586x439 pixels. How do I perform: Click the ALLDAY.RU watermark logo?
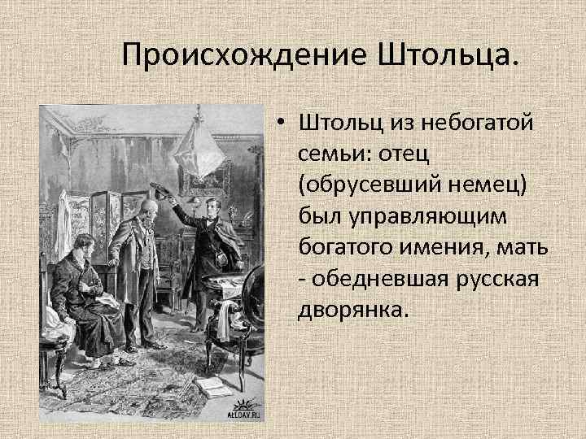(243, 411)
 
